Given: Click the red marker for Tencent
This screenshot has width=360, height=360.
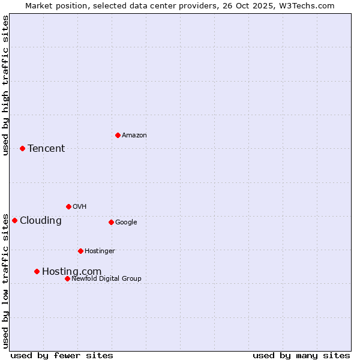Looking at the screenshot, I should click(22, 148).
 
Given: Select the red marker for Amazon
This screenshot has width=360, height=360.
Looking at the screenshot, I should click(118, 135).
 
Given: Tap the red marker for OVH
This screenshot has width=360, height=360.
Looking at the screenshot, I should click(68, 206).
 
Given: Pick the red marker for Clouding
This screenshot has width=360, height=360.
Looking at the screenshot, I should click(14, 220).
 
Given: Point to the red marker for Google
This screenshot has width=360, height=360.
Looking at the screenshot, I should click(111, 222).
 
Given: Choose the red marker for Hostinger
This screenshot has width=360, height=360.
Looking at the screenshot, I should click(80, 251).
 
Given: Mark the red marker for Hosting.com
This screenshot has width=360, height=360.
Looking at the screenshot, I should click(37, 271).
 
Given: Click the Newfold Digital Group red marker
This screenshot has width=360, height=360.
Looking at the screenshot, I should click(67, 278).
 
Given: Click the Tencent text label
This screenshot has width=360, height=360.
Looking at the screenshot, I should click(46, 149).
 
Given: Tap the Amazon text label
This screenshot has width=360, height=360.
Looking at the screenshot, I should click(134, 136).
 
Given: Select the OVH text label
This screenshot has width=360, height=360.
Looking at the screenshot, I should click(79, 207).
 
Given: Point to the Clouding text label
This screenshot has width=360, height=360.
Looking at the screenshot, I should click(40, 221).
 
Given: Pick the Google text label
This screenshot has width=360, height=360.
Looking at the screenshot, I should click(126, 223).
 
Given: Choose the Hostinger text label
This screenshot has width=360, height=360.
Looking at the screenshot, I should click(100, 251).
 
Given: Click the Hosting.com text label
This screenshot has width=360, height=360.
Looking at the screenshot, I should click(71, 272).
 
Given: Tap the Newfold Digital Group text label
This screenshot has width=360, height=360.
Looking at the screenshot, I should click(106, 279).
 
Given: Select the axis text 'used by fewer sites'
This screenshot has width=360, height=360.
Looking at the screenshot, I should click(62, 355).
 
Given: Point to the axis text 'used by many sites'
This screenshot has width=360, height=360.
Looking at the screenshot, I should click(301, 355).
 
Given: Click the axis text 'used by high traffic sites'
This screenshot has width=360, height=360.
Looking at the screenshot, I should click(5, 85).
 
